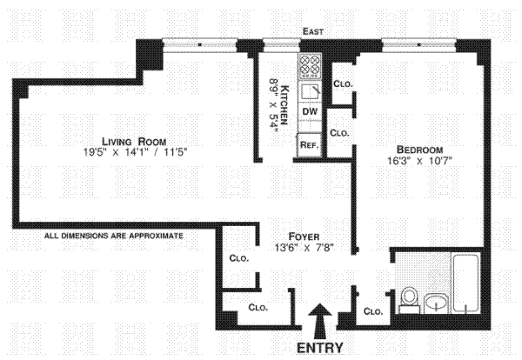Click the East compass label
pos(313,32)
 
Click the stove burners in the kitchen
pos(309,64)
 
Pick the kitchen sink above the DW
pos(309,92)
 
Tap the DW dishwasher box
pos(309,113)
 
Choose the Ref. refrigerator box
pos(308,144)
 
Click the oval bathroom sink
pos(437,303)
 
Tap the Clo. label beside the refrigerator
pos(339,133)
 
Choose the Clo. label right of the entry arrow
pos(372,311)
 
